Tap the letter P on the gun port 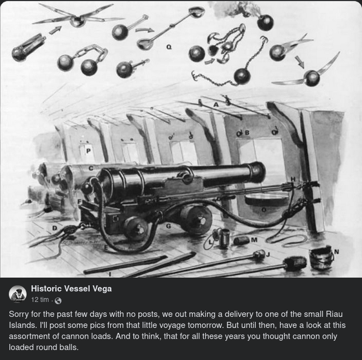click(87, 150)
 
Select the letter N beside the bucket click(337, 252)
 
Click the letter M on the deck click(254, 240)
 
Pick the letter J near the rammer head click(268, 254)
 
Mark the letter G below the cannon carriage click(168, 226)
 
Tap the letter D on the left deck click(54, 227)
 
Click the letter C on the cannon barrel click(91, 168)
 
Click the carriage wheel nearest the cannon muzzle click(196, 218)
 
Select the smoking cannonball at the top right click(265, 22)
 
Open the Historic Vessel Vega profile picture click(18, 294)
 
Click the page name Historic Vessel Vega click(71, 289)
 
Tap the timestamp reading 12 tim click(40, 300)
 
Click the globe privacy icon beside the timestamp click(58, 300)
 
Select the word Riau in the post click(333, 314)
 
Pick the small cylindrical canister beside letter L click(225, 239)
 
